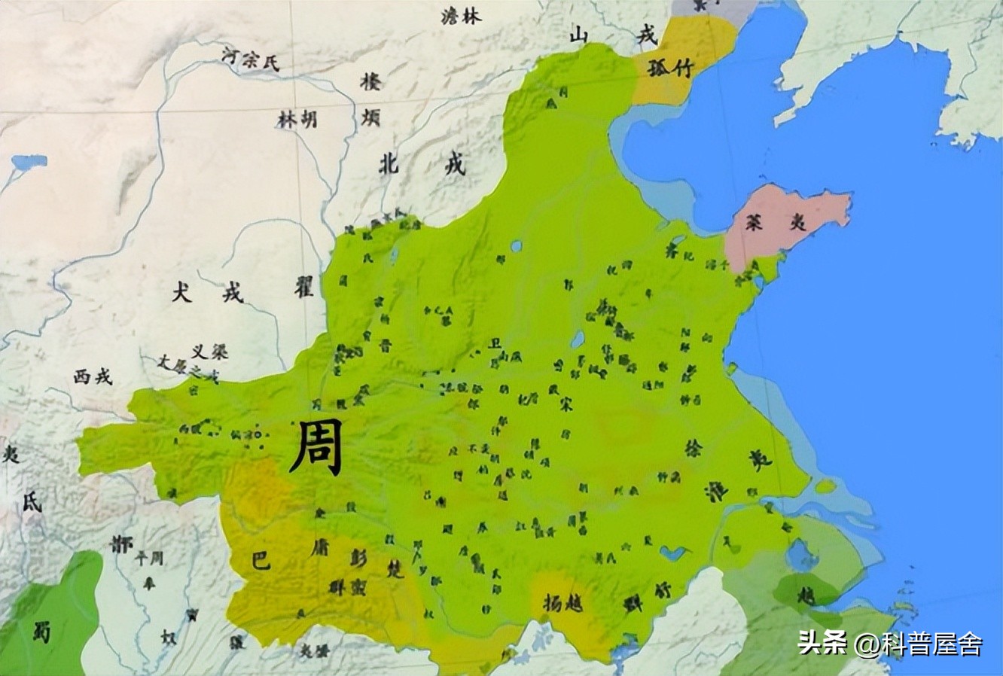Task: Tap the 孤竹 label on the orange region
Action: (666, 67)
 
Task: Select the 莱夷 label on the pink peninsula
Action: (764, 223)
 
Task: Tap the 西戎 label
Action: (93, 376)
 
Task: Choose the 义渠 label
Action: (209, 352)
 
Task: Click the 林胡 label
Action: (297, 119)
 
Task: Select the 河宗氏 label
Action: (251, 58)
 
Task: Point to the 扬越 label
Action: (563, 602)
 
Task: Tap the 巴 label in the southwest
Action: (260, 561)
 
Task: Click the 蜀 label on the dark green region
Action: (42, 631)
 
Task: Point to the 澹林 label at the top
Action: (461, 17)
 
